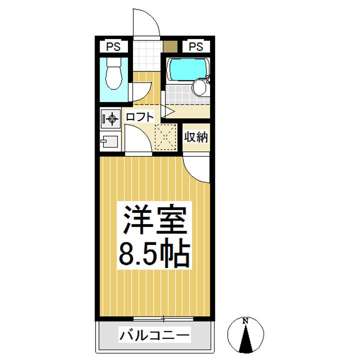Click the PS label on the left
(x=112, y=47)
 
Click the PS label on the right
(x=196, y=47)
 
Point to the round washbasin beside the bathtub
(x=199, y=88)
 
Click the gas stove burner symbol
(x=110, y=119)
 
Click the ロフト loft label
(x=139, y=117)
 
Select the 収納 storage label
(x=195, y=136)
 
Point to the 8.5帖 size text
(x=154, y=254)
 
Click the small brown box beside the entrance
(x=170, y=47)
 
